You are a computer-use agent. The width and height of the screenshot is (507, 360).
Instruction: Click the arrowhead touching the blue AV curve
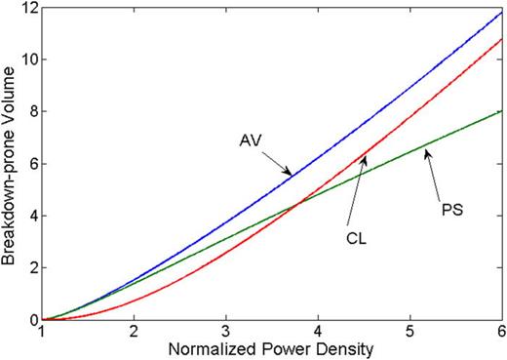pyautogui.click(x=290, y=174)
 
